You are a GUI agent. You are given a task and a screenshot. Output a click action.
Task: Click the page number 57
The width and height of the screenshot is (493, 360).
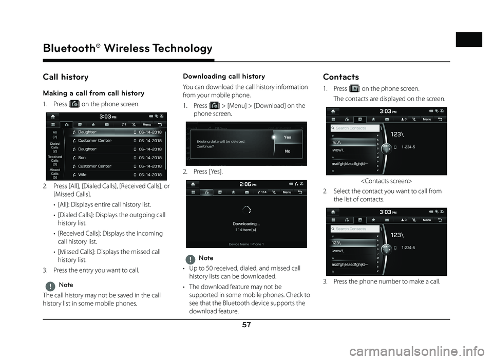pos(246,326)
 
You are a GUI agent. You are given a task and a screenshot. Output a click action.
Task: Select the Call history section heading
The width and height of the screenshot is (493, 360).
pos(66,77)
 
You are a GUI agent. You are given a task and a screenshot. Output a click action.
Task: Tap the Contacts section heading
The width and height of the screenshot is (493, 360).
pos(340,77)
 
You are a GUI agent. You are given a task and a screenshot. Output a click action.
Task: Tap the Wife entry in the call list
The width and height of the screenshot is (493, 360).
pos(82,175)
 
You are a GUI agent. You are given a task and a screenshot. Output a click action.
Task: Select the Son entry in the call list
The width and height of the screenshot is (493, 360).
pos(82,158)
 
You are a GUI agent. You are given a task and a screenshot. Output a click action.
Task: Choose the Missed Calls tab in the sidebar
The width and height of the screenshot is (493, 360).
pos(55,173)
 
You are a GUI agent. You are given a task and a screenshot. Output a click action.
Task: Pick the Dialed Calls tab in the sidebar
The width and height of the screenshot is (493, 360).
pos(55,147)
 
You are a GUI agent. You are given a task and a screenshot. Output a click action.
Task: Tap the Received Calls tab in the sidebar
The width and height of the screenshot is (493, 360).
pos(55,160)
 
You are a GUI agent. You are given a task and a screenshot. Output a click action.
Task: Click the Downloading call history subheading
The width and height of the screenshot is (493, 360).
pos(224,76)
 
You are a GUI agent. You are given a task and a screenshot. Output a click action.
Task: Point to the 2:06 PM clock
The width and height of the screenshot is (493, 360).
pos(249,183)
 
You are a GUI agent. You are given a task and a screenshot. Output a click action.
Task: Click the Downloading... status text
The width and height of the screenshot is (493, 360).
pos(246,224)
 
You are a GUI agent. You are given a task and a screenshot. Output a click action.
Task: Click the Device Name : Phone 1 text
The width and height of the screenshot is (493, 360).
pos(246,244)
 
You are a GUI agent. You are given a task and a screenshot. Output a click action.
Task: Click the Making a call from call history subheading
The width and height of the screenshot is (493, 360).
pos(93,93)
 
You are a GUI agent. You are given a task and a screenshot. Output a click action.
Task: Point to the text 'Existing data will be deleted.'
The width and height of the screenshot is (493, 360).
pos(221,141)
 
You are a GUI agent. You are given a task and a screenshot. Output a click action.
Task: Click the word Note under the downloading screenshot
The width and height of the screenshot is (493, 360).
pos(205,258)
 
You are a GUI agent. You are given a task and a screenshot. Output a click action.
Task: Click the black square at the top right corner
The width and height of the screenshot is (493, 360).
pos(469,40)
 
